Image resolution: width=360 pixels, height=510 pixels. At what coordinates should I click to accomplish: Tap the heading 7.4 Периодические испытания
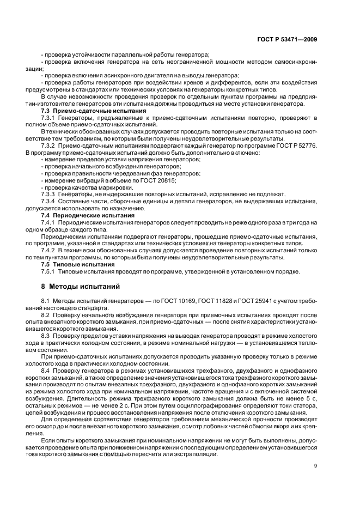79,215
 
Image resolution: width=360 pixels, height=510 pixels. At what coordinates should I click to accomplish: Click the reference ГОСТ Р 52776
298,147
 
